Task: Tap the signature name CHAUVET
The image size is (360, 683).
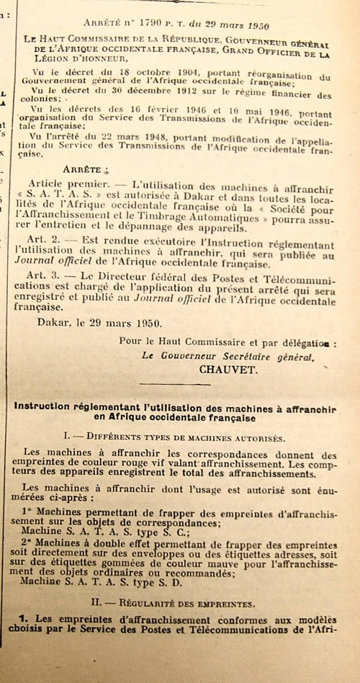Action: click(226, 368)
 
